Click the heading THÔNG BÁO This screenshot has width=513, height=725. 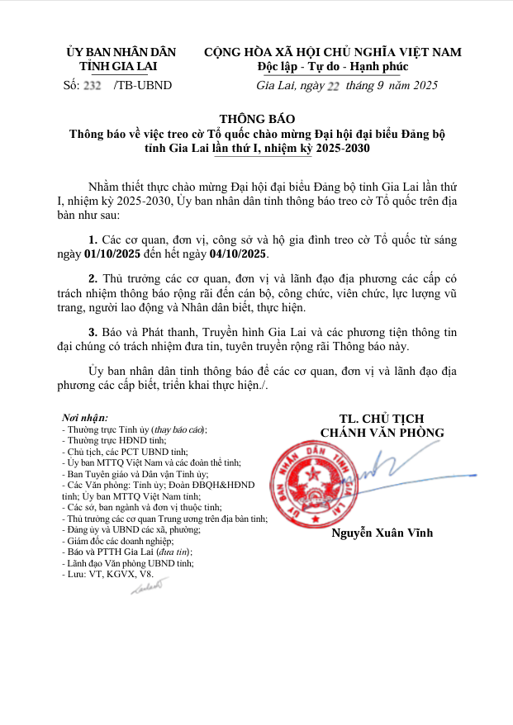[256, 119]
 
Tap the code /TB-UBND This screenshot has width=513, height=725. [143, 85]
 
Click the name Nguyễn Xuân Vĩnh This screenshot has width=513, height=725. [382, 533]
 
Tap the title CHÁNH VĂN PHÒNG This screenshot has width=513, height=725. [382, 432]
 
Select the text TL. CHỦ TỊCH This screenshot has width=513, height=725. [382, 419]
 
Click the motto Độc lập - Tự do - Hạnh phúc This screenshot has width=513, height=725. [332, 67]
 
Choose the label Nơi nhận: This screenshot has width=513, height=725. [85, 419]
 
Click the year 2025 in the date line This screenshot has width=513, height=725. [425, 85]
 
